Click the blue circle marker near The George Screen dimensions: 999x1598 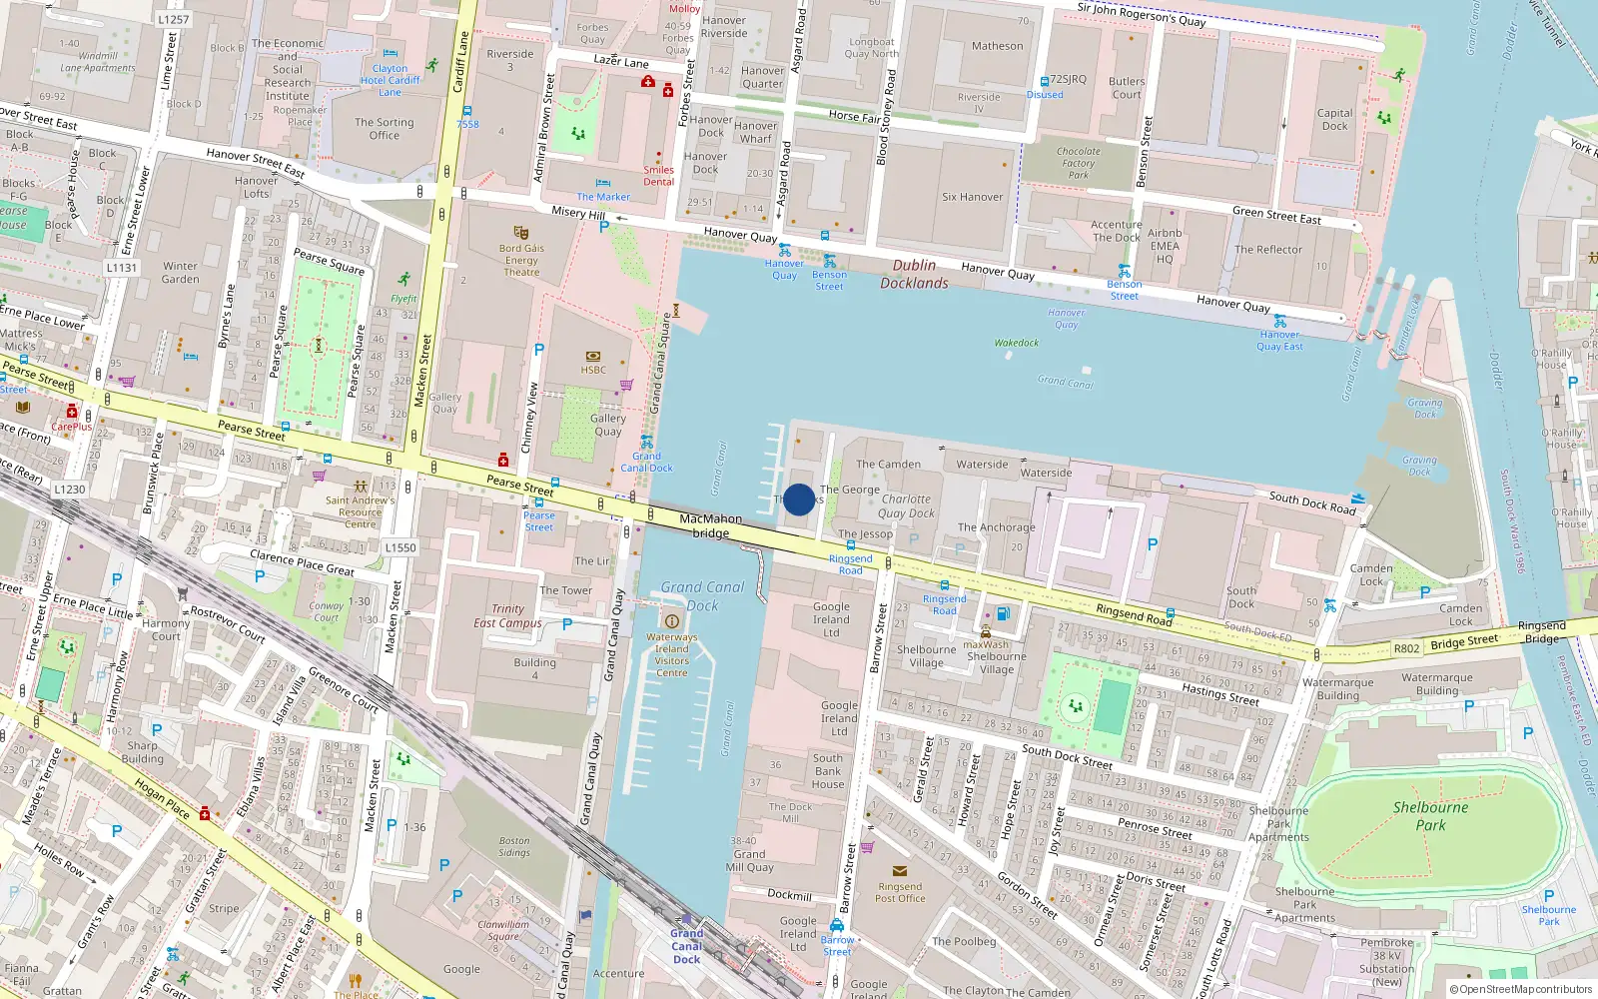[799, 499]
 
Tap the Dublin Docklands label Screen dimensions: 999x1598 [914, 274]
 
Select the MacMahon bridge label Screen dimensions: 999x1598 [710, 525]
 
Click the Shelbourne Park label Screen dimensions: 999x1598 [1430, 816]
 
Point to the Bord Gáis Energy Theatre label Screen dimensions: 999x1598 [521, 260]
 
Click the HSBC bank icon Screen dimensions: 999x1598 [593, 356]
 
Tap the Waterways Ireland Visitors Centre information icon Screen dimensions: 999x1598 [671, 621]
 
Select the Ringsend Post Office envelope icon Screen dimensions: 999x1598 [900, 871]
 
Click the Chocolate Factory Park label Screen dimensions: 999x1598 [1078, 163]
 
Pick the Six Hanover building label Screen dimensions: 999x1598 [972, 197]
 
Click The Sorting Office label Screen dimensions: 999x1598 [384, 129]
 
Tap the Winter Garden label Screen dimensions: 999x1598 [180, 273]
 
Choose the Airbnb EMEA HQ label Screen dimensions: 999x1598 [1165, 246]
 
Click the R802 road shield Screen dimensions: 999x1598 [1406, 648]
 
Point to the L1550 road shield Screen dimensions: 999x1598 [399, 547]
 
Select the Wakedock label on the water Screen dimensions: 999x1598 [1016, 343]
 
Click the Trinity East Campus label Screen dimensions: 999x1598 [507, 615]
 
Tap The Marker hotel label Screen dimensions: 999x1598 [603, 197]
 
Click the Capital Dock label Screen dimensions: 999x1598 [1334, 119]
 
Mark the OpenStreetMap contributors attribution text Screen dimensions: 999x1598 [1521, 989]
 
